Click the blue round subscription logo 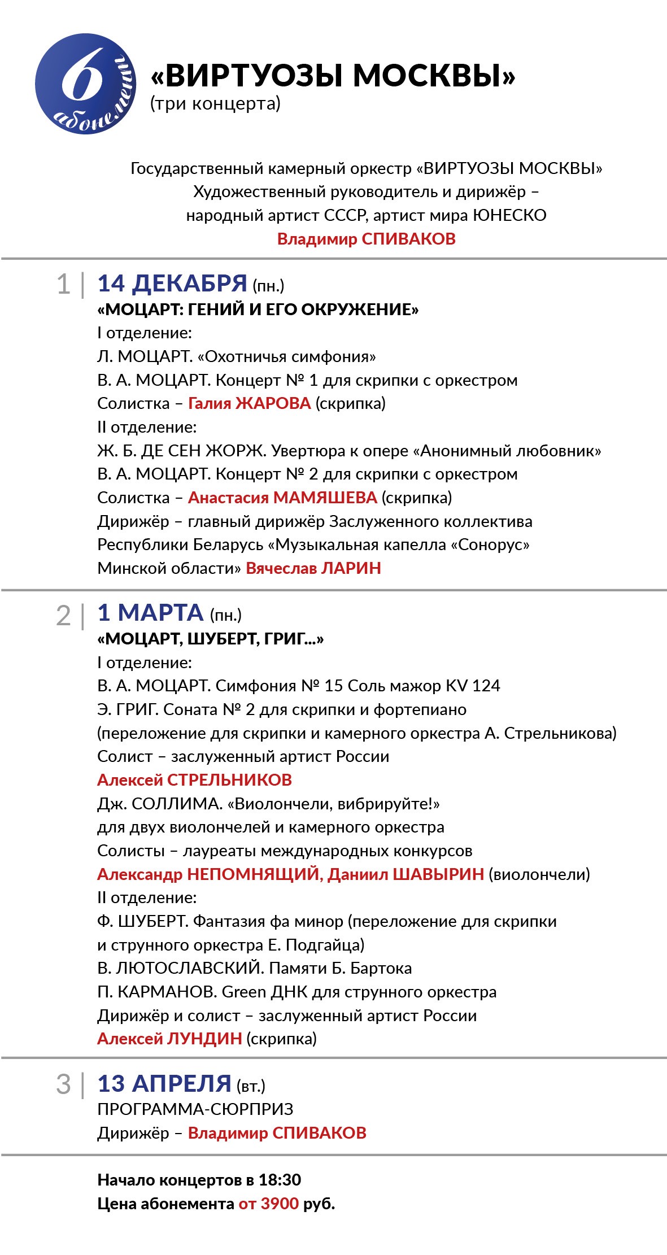85,84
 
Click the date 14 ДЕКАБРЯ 172,284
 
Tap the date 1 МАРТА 150,613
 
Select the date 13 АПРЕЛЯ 164,1084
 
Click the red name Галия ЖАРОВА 249,403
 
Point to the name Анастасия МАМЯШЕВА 282,498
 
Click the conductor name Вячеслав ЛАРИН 313,568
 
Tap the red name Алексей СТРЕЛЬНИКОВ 194,780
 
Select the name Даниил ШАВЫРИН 406,874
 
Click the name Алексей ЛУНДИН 169,1039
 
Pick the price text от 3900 268,1204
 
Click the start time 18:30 280,1180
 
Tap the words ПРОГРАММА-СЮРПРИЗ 195,1109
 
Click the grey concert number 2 63,616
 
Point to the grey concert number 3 63,1085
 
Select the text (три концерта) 215,103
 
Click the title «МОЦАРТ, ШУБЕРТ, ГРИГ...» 211,639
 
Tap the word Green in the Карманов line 244,992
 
